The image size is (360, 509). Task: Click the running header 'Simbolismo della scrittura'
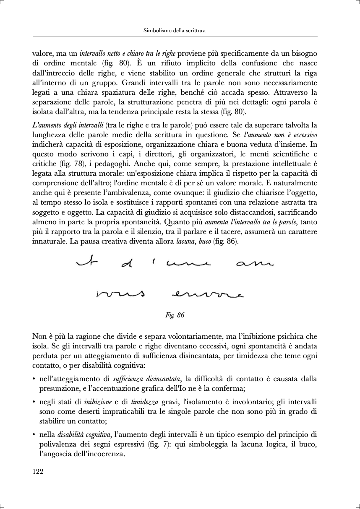coord(174,31)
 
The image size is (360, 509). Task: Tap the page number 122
coord(38,471)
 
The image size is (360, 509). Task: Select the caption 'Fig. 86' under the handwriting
coord(175,315)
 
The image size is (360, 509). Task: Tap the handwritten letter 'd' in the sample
coord(126,265)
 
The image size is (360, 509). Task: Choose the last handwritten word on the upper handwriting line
coord(255,264)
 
